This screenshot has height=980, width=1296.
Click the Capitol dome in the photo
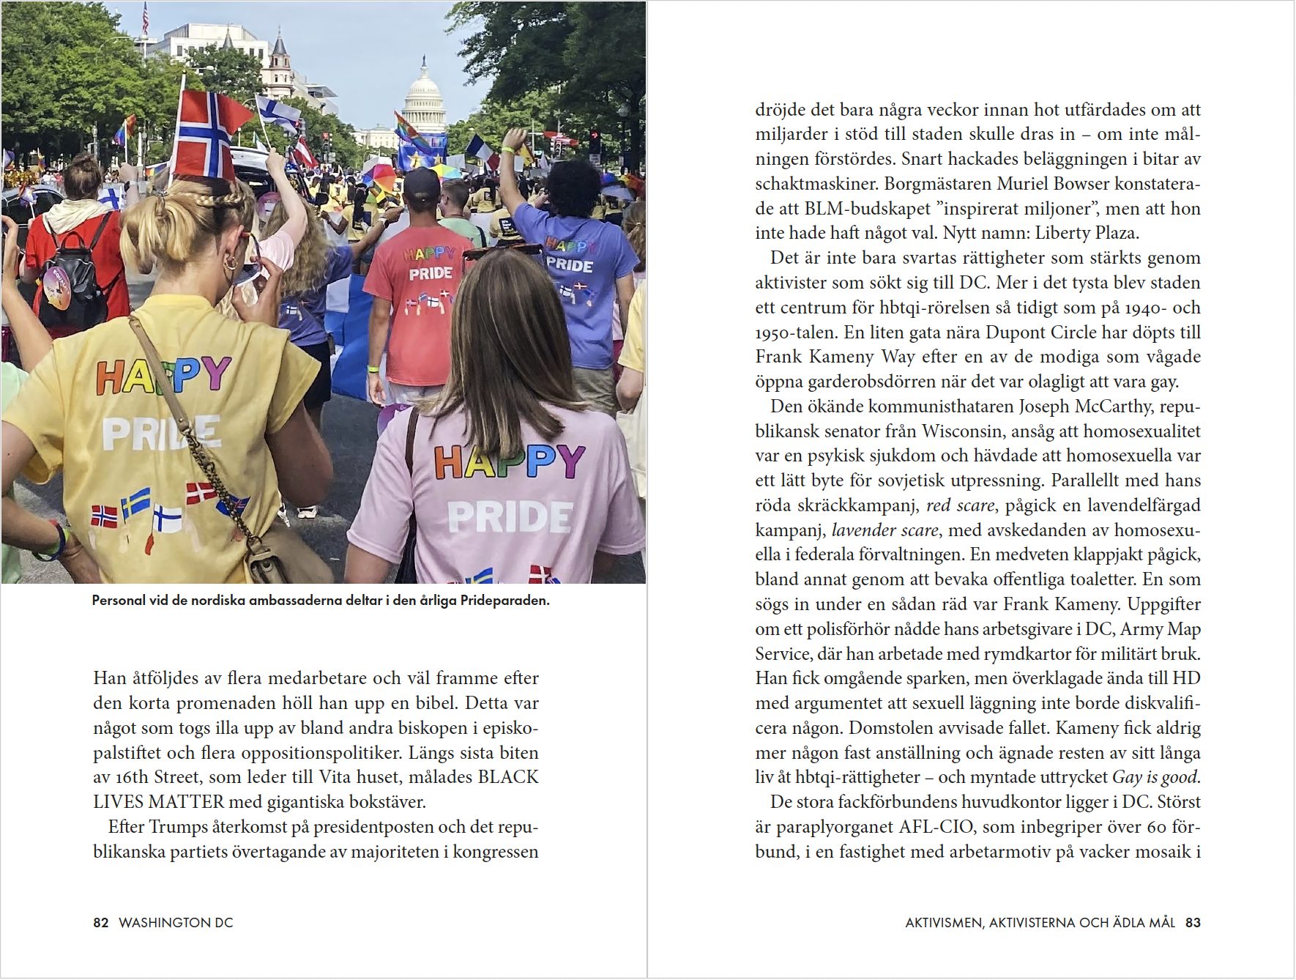point(424,92)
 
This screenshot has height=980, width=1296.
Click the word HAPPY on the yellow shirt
point(163,376)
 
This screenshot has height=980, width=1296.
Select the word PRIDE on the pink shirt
point(510,516)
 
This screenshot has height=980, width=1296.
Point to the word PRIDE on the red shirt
point(431,273)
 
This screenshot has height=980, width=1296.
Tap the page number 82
point(101,923)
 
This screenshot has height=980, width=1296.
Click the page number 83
point(1193,923)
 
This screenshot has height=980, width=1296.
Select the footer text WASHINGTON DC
point(176,923)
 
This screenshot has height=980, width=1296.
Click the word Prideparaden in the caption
point(504,601)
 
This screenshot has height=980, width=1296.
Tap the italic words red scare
point(960,505)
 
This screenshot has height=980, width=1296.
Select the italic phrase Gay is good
point(1154,777)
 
